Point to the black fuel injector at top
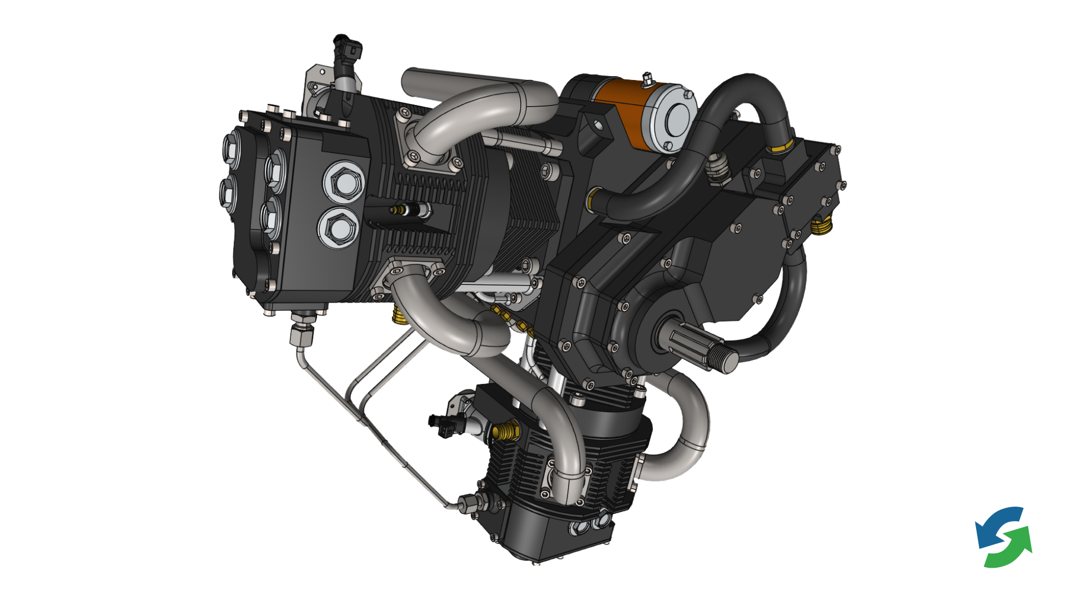click(x=346, y=53)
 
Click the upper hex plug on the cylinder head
click(x=343, y=182)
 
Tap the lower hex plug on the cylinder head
click(x=336, y=227)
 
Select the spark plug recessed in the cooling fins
click(x=411, y=209)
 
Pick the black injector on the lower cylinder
click(x=444, y=425)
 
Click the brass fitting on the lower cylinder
click(x=505, y=431)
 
